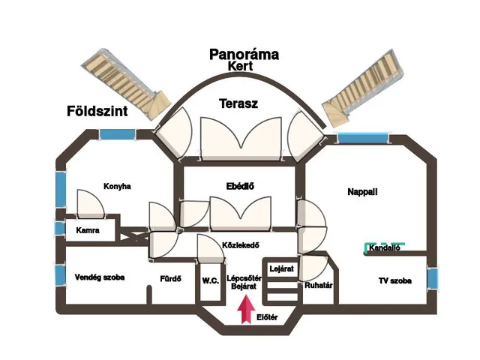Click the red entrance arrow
click(x=243, y=309)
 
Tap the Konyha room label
click(x=117, y=187)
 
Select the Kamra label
click(x=88, y=230)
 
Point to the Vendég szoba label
click(x=100, y=277)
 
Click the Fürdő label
click(x=171, y=279)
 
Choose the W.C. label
click(x=210, y=280)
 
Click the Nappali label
click(x=362, y=192)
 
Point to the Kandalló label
click(x=385, y=248)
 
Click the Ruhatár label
click(x=319, y=285)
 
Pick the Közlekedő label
click(x=241, y=244)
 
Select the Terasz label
click(x=238, y=104)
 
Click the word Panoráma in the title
click(x=244, y=54)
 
